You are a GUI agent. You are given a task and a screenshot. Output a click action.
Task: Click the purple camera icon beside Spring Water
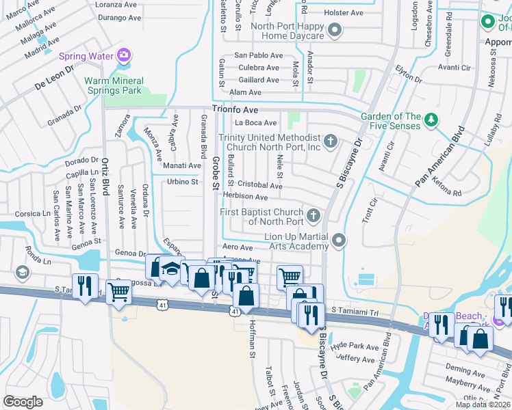[x=124, y=55]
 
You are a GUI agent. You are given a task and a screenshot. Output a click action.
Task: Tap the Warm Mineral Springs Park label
[x=112, y=85]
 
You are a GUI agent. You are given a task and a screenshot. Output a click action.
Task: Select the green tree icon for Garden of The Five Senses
[x=431, y=121]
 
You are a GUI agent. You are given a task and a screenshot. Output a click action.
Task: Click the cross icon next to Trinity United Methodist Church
[x=331, y=141]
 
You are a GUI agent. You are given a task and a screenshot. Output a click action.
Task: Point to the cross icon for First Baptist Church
[x=313, y=217]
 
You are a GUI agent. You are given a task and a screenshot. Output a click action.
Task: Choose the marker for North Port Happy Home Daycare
[x=335, y=30]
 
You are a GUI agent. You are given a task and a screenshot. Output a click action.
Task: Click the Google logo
[x=23, y=402]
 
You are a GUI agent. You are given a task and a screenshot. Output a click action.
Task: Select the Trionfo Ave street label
[x=235, y=109]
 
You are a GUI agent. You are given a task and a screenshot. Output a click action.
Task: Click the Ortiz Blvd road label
[x=105, y=177]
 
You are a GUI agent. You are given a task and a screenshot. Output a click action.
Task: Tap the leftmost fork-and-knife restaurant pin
[x=85, y=285]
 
